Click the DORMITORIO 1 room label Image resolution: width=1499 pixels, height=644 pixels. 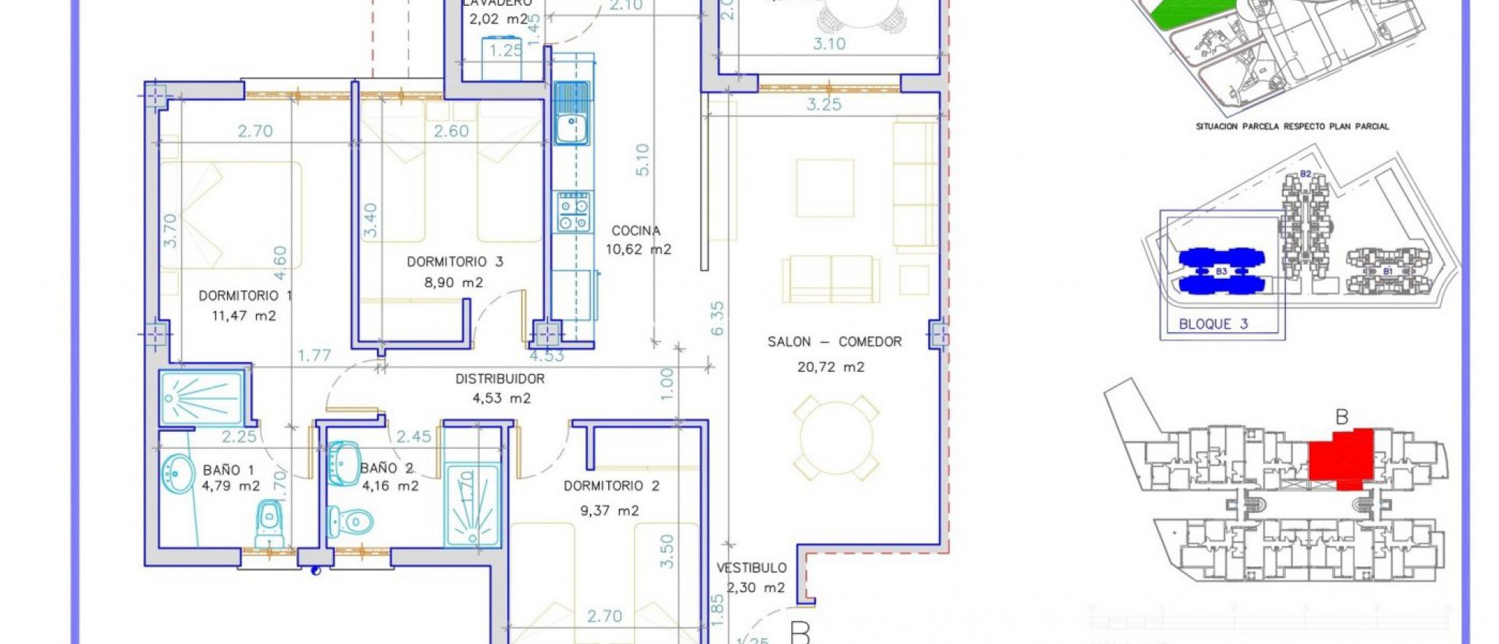[x=245, y=296]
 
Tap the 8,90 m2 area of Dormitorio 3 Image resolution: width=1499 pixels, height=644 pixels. [x=454, y=282]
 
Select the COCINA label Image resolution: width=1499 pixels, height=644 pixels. [x=636, y=231]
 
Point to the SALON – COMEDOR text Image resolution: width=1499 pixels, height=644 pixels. [x=834, y=342]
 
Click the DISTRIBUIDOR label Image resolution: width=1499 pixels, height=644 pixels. [x=500, y=379]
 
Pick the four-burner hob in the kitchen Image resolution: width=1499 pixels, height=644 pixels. [x=574, y=212]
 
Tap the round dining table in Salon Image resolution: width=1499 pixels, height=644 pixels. [x=836, y=438]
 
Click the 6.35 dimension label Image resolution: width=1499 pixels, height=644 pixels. [x=717, y=318]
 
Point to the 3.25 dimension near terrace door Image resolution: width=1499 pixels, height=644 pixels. [x=824, y=105]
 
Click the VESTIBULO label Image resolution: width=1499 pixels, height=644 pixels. [x=751, y=568]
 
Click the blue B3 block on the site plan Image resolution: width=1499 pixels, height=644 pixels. [x=1221, y=271]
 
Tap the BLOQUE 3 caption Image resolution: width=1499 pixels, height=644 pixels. [x=1213, y=324]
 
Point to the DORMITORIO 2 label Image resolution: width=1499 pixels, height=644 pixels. [x=612, y=486]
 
